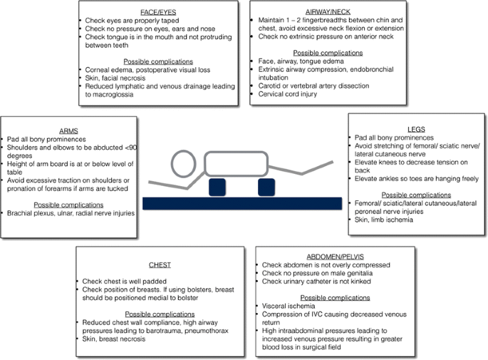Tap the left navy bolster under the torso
tap(217, 187)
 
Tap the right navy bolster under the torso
tap(266, 187)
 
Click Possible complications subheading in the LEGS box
tap(415, 195)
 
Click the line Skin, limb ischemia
tap(385, 220)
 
